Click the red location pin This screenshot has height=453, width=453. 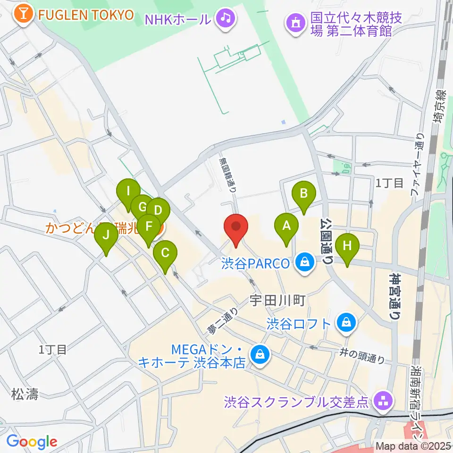235,229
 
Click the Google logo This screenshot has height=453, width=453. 32,442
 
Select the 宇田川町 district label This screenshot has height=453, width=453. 278,299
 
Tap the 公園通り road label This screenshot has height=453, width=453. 328,241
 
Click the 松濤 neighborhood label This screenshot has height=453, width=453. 25,393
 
